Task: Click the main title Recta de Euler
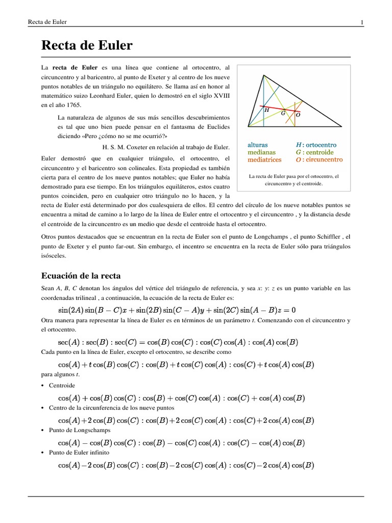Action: click(86, 45)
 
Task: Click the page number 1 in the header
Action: click(361, 22)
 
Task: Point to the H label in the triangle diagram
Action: click(266, 109)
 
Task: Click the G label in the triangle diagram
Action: click(283, 113)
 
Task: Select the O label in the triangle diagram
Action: click(298, 115)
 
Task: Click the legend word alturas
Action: click(257, 145)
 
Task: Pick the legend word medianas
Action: click(261, 152)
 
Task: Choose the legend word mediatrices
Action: click(264, 159)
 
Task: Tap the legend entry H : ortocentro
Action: click(316, 145)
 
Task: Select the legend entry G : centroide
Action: click(314, 152)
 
